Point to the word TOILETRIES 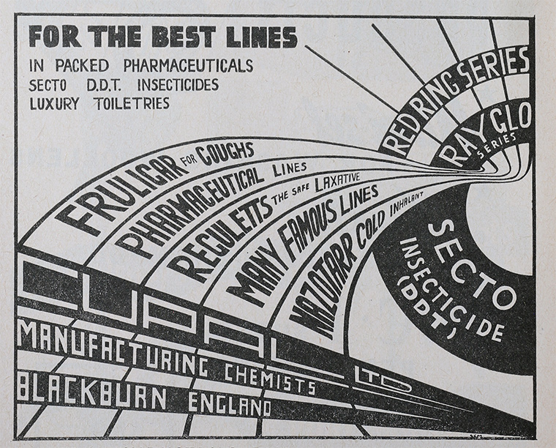(x=132, y=103)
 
